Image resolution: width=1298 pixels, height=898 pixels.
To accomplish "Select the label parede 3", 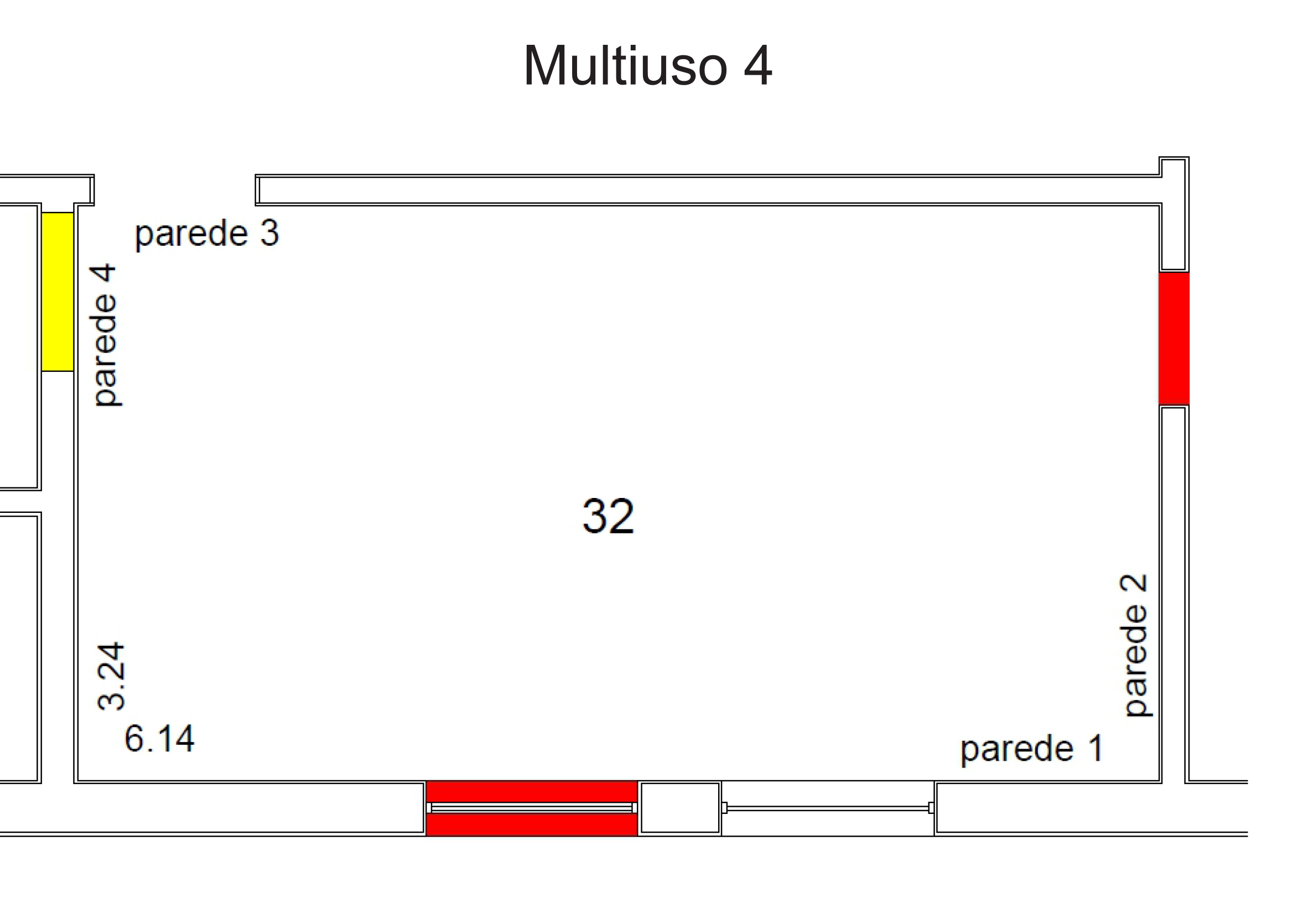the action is (x=206, y=233).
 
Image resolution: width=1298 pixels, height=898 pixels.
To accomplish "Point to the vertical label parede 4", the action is (x=105, y=335).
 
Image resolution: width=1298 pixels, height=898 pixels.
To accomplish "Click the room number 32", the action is (x=608, y=516).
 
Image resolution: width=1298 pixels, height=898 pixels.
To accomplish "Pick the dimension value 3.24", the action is (x=110, y=676).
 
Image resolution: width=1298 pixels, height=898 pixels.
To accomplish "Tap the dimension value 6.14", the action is (x=159, y=738).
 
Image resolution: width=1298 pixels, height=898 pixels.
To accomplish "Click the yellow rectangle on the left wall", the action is (x=58, y=292).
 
